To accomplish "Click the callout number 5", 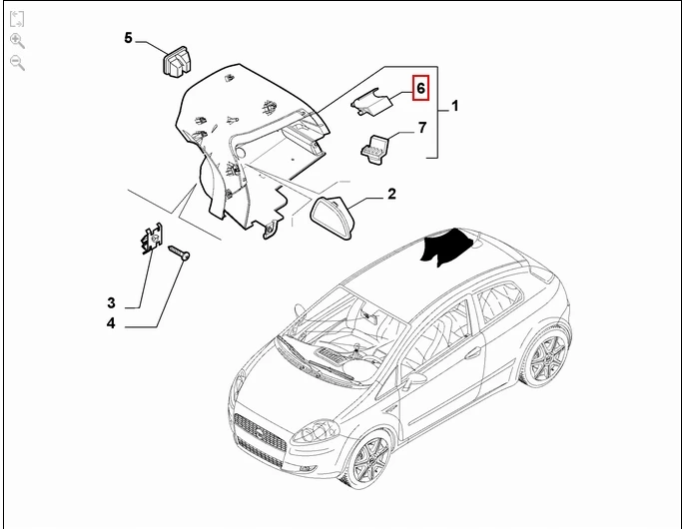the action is (128, 38).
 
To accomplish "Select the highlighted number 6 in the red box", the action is (420, 88).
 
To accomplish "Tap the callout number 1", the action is (454, 106).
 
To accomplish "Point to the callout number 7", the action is (422, 128).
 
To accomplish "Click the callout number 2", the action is (391, 194).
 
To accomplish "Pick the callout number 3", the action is (112, 302).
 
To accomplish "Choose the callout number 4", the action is (112, 323).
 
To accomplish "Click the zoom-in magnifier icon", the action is (17, 41).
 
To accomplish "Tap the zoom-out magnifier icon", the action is (17, 63).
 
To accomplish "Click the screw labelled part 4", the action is (179, 253).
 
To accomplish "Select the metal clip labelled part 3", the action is (151, 239).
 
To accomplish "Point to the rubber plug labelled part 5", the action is (177, 62).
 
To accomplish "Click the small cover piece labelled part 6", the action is (371, 102).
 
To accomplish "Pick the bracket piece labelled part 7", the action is (374, 150).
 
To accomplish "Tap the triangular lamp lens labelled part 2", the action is (333, 217).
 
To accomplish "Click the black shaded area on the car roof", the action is (447, 246).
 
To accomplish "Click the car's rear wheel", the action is (546, 354).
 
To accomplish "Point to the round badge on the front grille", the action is (258, 432).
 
